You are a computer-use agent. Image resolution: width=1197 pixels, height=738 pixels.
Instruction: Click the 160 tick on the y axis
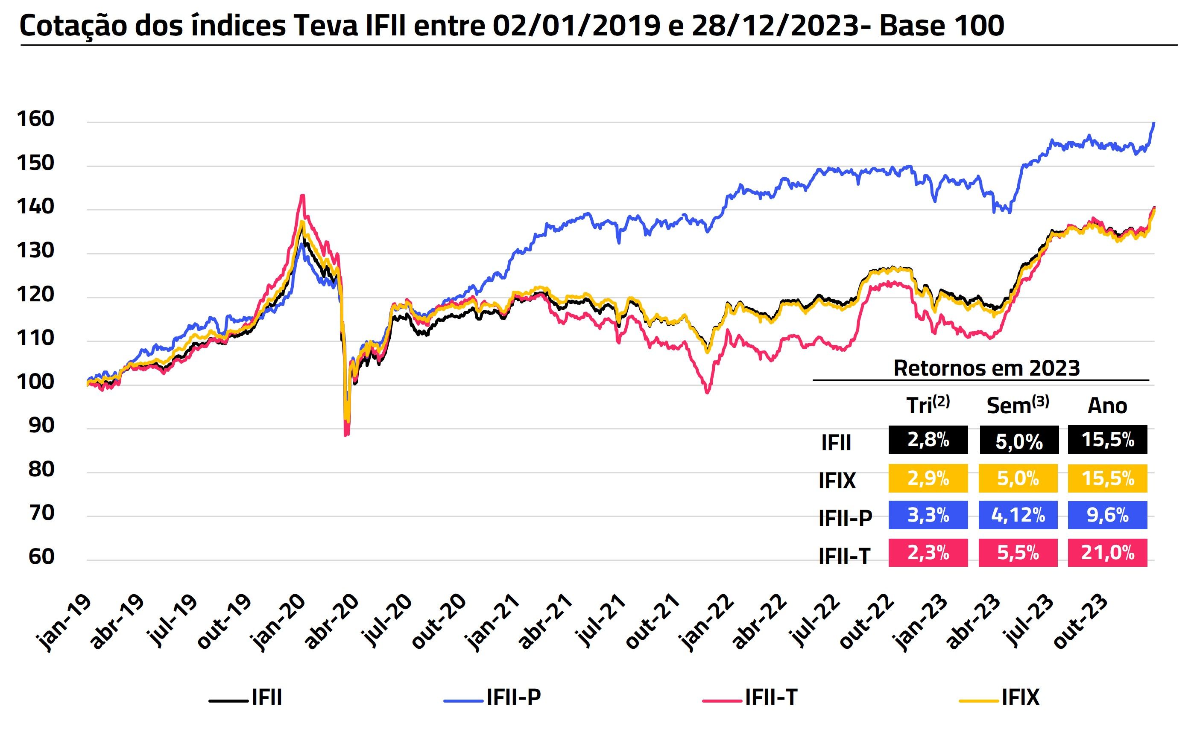[x=35, y=119]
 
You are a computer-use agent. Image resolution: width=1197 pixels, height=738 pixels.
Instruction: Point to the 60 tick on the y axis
[x=41, y=557]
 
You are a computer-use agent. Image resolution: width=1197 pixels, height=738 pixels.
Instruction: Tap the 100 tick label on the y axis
[x=35, y=382]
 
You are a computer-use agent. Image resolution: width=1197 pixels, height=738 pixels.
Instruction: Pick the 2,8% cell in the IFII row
[x=928, y=440]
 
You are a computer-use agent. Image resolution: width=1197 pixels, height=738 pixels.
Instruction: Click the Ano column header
[x=1107, y=406]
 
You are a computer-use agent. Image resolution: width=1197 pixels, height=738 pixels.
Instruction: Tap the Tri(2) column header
[x=928, y=405]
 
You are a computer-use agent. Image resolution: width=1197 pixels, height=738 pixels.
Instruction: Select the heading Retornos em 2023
[x=986, y=368]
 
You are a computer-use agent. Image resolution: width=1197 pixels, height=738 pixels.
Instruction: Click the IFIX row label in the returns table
[x=837, y=481]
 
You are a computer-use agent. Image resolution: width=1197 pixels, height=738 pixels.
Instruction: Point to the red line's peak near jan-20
[x=303, y=196]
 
